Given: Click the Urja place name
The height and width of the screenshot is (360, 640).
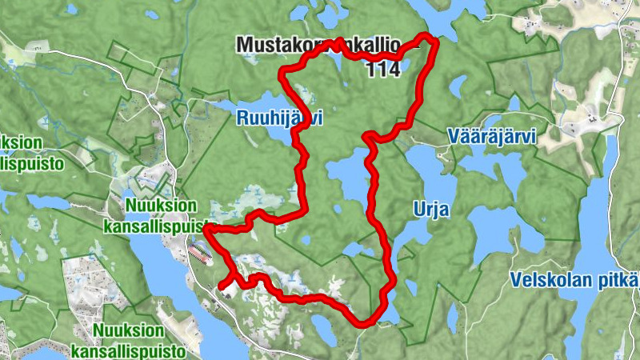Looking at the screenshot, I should tap(431, 210).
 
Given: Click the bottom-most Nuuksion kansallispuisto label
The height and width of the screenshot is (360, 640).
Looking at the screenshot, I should tap(128, 340).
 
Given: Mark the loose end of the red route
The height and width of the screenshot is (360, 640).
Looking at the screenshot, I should tap(221, 285).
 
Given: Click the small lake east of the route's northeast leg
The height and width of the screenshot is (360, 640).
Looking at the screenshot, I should tap(459, 84).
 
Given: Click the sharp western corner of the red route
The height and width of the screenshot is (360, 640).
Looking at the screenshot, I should tap(206, 228).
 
